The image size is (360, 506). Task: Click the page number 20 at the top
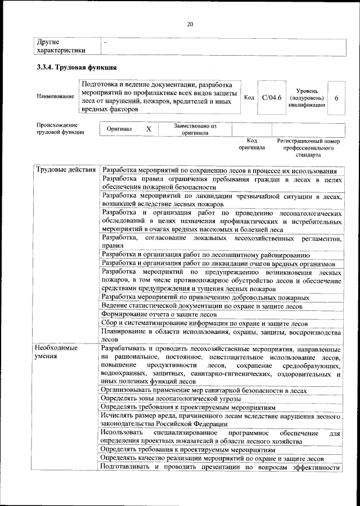pos(190,24)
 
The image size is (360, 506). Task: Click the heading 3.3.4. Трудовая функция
pos(76,68)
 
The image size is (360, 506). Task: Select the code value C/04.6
pos(272,97)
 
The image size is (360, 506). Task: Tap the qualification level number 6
pos(336,98)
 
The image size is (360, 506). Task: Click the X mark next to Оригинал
pos(148,129)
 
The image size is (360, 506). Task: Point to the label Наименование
pos(55,97)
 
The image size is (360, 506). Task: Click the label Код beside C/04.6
pos(249,97)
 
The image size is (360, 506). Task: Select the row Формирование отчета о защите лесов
pos(159,315)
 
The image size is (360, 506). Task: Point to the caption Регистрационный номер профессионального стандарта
pos(309,147)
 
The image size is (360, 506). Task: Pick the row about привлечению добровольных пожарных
pos(205,297)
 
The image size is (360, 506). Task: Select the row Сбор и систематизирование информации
pos(204,324)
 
